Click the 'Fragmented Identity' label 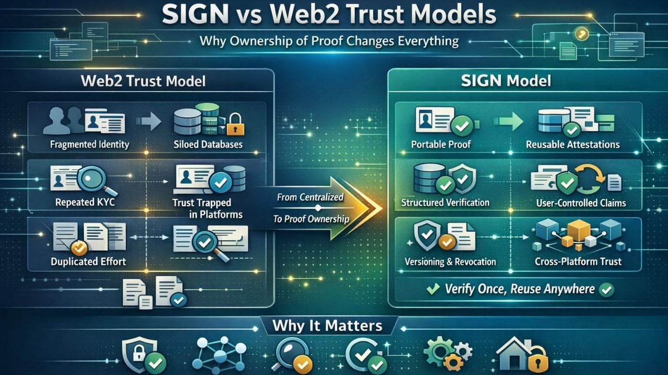click(x=89, y=144)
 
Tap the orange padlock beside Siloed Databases click(x=235, y=124)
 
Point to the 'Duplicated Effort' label click(x=88, y=261)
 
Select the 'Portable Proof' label click(x=441, y=144)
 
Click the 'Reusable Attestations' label click(x=572, y=144)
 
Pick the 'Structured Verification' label click(x=445, y=202)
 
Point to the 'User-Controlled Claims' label click(x=581, y=202)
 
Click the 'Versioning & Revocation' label click(x=450, y=261)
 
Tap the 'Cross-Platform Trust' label click(x=578, y=261)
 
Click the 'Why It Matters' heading click(x=327, y=326)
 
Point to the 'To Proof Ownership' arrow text click(x=312, y=219)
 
